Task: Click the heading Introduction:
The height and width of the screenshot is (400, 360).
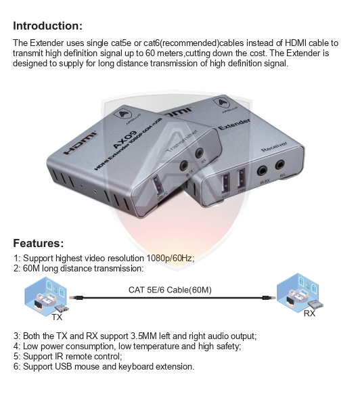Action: tap(47, 26)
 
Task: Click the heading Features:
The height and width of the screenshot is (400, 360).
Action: tap(39, 243)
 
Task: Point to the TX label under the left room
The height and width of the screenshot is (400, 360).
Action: tap(58, 316)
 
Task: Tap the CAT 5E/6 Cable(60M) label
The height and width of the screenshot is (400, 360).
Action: tap(170, 290)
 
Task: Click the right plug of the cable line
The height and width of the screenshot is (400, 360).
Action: tap(269, 298)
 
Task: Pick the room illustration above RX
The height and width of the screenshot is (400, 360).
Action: tap(298, 292)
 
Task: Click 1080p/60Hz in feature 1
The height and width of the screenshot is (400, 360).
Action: tap(170, 259)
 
